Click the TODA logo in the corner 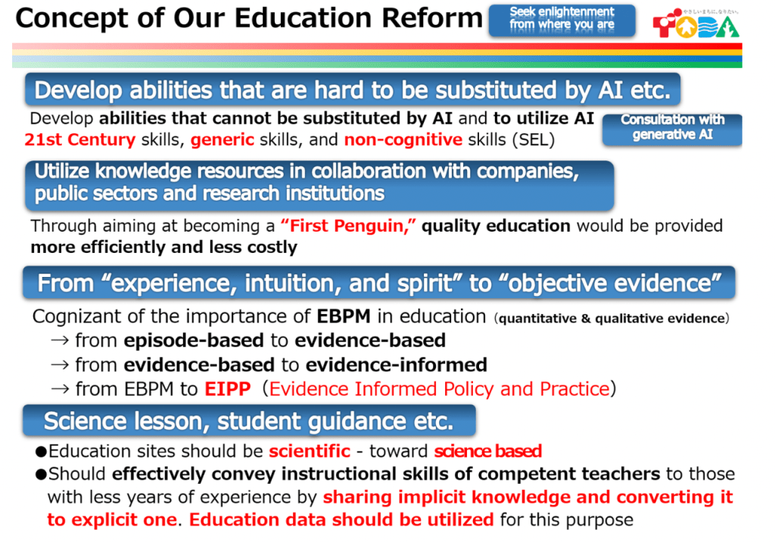click(696, 23)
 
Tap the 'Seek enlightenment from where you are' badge click(562, 20)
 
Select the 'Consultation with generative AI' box click(672, 129)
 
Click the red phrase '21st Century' click(80, 140)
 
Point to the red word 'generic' click(223, 141)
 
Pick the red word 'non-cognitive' click(403, 141)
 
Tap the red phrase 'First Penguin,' click(348, 226)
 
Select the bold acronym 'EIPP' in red click(228, 389)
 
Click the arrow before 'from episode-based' click(60, 341)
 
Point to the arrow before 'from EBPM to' click(60, 389)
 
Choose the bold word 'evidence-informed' click(397, 365)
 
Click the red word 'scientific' click(310, 451)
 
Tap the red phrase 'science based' click(488, 451)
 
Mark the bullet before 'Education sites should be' click(41, 451)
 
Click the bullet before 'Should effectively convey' click(41, 475)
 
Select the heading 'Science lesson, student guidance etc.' click(249, 421)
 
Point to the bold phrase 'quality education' click(496, 226)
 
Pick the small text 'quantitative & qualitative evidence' click(612, 319)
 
